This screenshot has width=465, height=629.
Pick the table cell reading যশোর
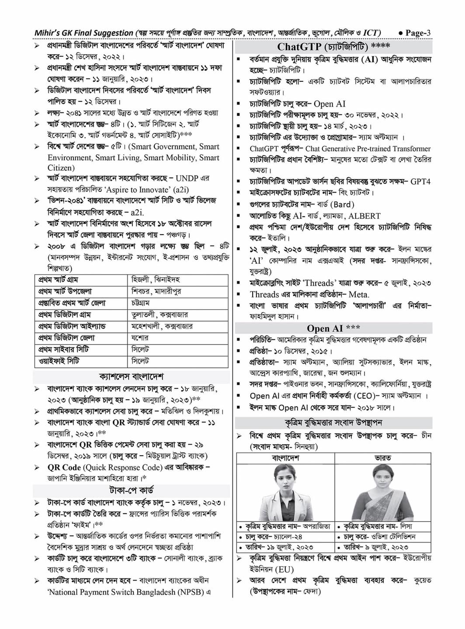click(x=140, y=338)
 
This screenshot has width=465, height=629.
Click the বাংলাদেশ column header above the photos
click(x=285, y=458)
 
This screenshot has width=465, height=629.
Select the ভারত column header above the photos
click(x=382, y=458)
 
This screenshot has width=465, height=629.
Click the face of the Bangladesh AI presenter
click(x=285, y=479)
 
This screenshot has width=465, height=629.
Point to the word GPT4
click(x=420, y=181)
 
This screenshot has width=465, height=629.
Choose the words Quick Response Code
click(x=122, y=467)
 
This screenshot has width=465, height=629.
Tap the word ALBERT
click(x=364, y=216)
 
